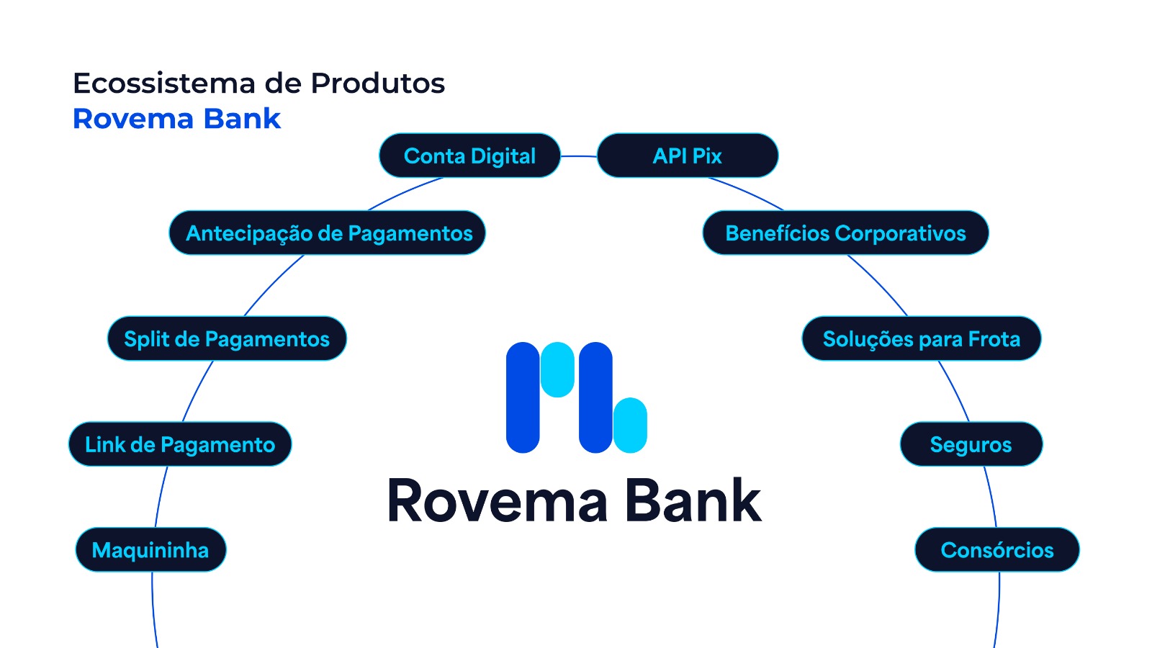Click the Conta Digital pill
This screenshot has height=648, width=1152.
click(x=469, y=156)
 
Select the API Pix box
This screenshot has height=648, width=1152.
click(x=688, y=156)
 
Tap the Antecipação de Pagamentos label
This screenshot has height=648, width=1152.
click(x=328, y=233)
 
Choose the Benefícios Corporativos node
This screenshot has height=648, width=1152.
click(x=845, y=233)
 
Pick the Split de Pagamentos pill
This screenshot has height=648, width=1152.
click(x=227, y=339)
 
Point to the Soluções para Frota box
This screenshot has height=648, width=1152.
click(x=921, y=339)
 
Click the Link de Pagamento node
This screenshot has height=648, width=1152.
click(x=180, y=444)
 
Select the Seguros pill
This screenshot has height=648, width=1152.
click(x=971, y=444)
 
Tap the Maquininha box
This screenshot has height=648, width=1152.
click(x=150, y=550)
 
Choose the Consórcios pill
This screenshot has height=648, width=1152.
click(x=996, y=550)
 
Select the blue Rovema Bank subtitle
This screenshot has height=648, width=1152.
click(x=176, y=119)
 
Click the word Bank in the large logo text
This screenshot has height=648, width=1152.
click(x=693, y=501)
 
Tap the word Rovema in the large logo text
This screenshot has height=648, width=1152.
click(x=498, y=501)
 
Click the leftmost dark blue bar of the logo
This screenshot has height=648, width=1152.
click(x=523, y=397)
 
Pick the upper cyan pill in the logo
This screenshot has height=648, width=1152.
click(x=557, y=369)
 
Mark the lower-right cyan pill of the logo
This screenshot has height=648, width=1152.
click(x=631, y=425)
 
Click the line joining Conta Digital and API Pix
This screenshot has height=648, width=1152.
click(x=579, y=156)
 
